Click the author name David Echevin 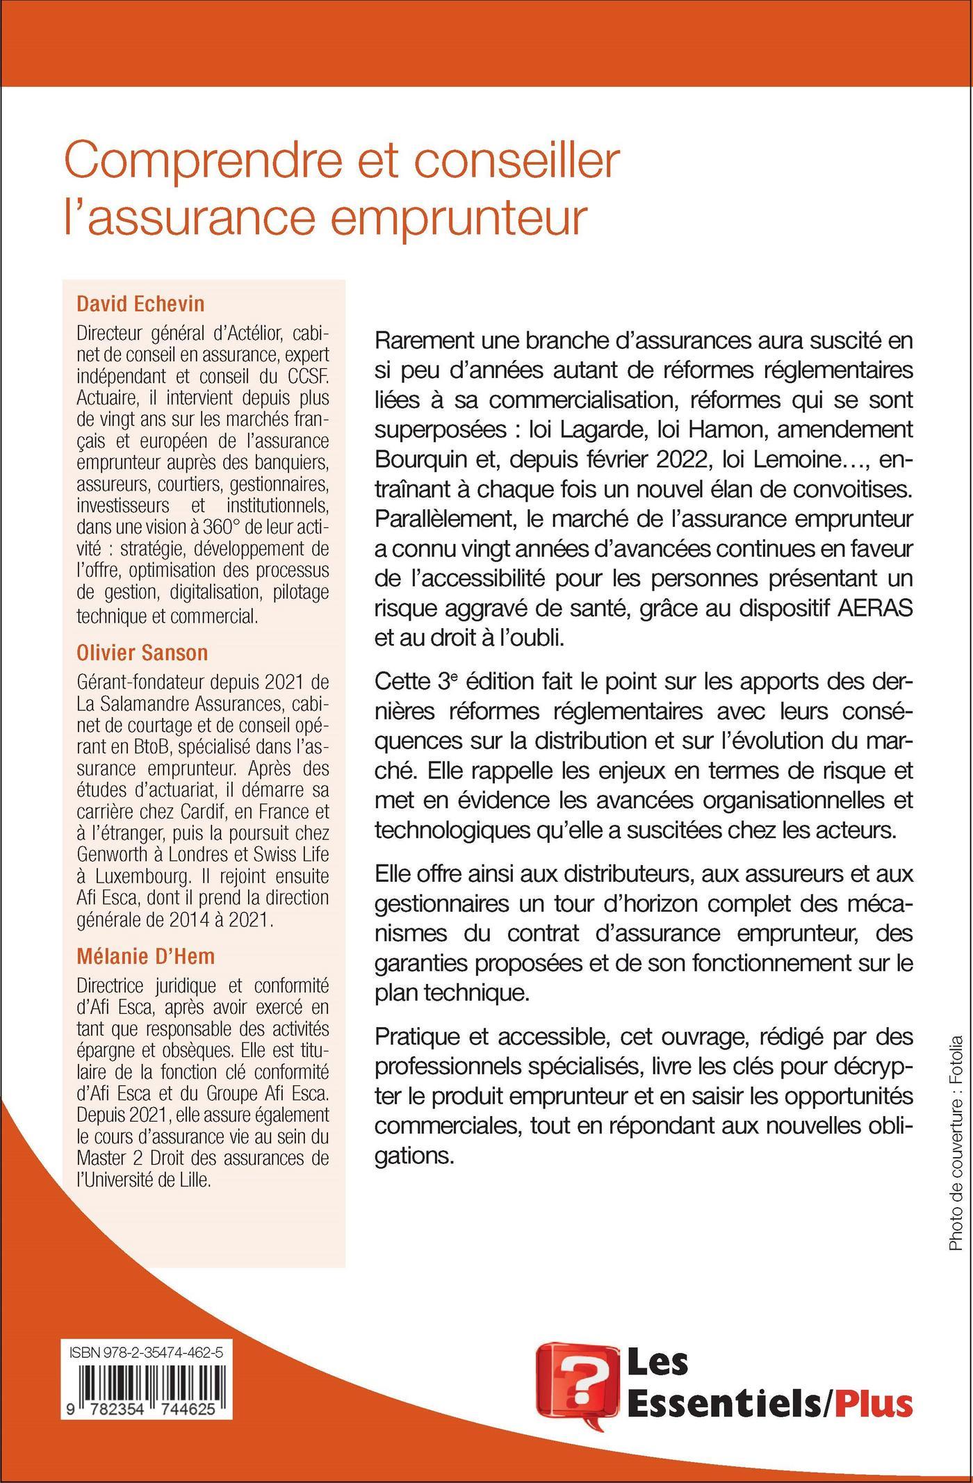coord(140,304)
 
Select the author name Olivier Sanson coord(142,653)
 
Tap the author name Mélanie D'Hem coord(146,956)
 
